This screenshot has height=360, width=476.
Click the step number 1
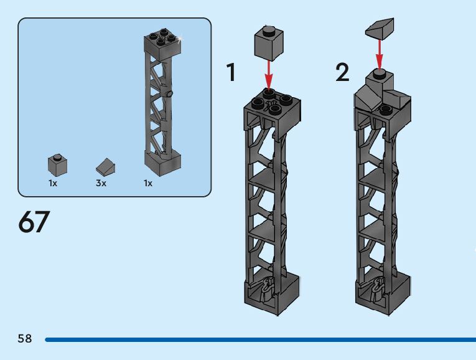coord(231,73)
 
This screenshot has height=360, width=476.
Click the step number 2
coord(342,73)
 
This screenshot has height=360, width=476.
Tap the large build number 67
coord(34,222)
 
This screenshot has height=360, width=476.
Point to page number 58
coord(25,339)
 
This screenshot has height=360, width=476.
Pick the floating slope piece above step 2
coord(379,28)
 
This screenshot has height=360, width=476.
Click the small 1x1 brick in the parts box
coord(57,164)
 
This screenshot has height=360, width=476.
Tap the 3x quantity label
coord(101,184)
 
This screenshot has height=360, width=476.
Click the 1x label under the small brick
coord(53,184)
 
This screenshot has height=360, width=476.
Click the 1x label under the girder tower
coord(148,184)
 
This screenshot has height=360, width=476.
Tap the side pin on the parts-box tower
coord(169,93)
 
